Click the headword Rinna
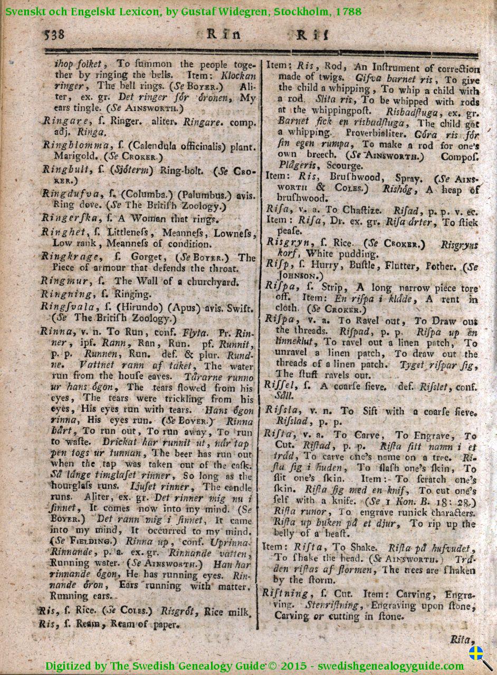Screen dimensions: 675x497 [55, 332]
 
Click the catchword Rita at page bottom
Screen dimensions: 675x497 [460, 640]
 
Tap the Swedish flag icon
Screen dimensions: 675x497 [476, 653]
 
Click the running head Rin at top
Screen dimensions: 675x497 [224, 35]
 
